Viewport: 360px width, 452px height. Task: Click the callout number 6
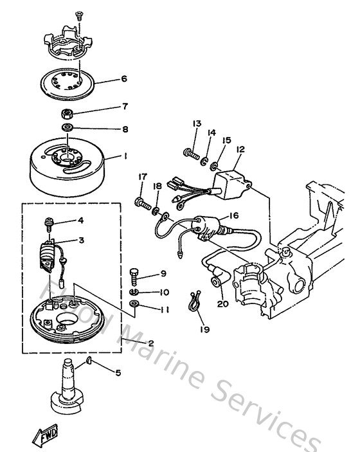coord(124,80)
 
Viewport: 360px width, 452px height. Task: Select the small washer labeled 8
coord(67,129)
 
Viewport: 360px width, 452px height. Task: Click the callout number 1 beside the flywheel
coord(127,156)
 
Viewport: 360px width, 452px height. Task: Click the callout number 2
coord(150,343)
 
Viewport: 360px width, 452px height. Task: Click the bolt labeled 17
coord(141,204)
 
